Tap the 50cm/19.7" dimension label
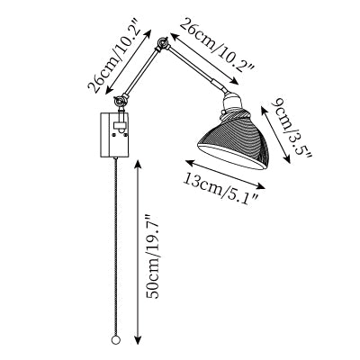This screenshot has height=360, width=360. point(153,256)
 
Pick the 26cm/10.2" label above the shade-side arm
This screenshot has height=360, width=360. point(217,48)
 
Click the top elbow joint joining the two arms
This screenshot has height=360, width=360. point(163,44)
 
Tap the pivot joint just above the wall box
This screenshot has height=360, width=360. point(121,101)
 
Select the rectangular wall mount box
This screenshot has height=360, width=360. point(114,135)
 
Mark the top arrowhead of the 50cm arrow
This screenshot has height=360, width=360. point(138,163)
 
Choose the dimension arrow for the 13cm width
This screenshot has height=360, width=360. point(225,175)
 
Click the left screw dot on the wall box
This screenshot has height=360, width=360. point(113,135)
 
